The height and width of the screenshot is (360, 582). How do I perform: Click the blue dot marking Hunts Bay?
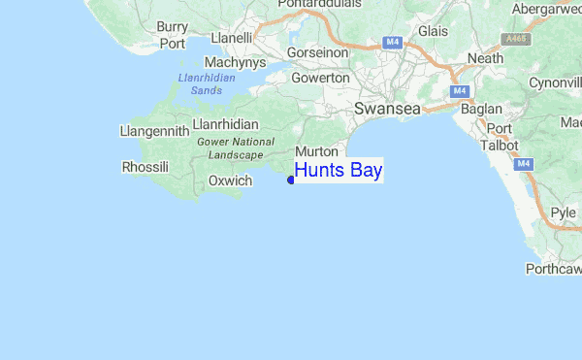pos(291,180)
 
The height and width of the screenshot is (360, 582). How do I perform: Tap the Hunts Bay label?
pos(339,171)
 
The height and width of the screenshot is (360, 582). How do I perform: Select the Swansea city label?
pos(387,110)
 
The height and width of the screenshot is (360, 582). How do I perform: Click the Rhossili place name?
pos(145,167)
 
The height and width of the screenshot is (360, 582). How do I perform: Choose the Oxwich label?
pos(230,180)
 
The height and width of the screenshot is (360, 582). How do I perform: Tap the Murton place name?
pos(315,152)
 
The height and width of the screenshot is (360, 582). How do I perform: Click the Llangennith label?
pos(150,130)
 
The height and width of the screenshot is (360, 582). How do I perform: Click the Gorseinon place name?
pos(315,52)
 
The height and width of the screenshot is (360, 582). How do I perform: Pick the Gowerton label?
pos(319,78)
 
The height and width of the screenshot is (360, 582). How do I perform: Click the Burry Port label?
pos(173,35)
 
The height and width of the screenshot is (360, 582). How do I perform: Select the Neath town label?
pos(484,58)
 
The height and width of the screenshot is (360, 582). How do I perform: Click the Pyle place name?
pos(563,212)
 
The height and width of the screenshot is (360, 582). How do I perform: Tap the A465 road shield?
pos(516,39)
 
